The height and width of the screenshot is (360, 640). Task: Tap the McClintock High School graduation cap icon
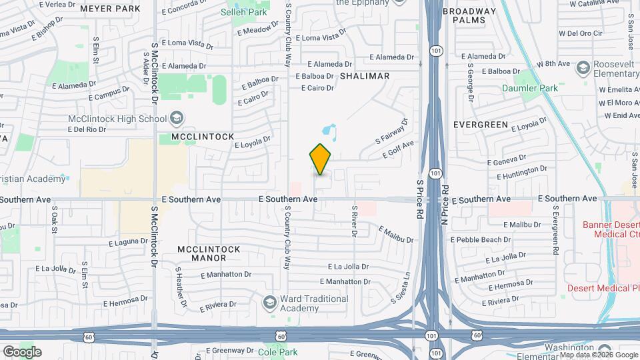(177, 119)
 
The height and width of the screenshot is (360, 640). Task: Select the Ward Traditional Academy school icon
(270, 303)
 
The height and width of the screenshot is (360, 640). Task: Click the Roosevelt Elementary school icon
(583, 67)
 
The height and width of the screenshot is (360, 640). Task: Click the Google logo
(21, 352)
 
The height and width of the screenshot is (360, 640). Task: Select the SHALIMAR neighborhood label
(365, 76)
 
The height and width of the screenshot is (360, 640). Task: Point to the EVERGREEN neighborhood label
(481, 125)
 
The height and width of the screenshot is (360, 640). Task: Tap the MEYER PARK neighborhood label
(110, 9)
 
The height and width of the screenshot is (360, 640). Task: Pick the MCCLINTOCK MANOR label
(209, 253)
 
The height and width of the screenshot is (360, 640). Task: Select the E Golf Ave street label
(398, 149)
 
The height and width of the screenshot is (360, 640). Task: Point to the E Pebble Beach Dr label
(480, 239)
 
